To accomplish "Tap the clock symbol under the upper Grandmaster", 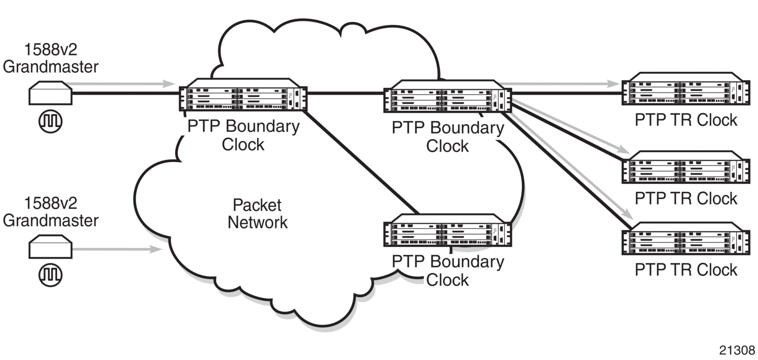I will click(50, 120).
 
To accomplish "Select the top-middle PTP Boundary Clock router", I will click(447, 98).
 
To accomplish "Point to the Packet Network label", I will click(258, 214).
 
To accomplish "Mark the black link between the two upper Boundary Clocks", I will click(345, 94).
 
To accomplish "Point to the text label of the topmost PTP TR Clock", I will click(686, 120).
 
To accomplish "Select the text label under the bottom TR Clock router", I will click(686, 270).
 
